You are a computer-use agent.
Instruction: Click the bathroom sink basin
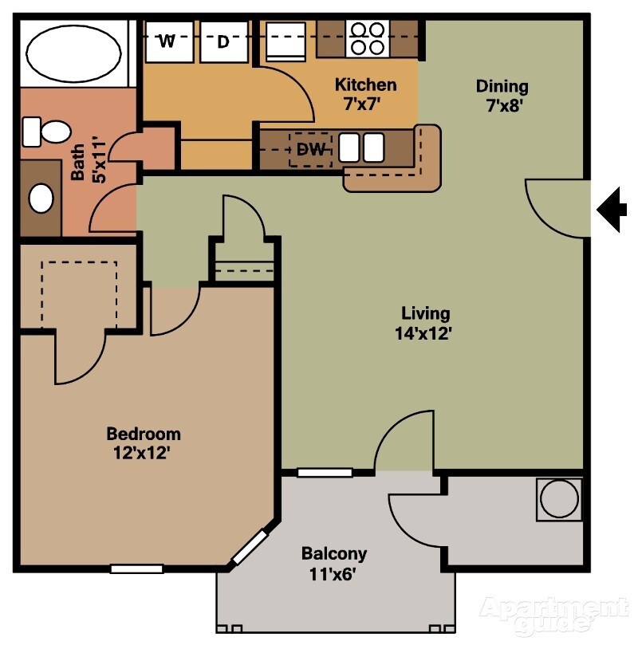(x=41, y=198)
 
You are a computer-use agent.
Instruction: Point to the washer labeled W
(x=167, y=42)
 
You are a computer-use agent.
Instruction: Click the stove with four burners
(x=367, y=37)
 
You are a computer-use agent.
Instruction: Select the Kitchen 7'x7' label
(x=365, y=93)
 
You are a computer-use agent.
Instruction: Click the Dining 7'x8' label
(x=502, y=95)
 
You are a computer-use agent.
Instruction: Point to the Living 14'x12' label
(x=425, y=323)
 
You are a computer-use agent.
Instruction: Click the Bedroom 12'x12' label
(x=144, y=443)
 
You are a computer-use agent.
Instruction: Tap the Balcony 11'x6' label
(x=334, y=562)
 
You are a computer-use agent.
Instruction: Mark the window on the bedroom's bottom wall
(x=136, y=568)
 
